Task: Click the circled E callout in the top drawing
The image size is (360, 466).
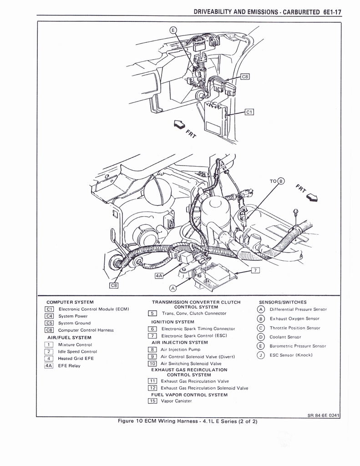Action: (x=173, y=30)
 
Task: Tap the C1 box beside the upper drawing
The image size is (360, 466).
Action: (x=249, y=111)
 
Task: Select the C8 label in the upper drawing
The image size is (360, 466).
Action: (x=244, y=77)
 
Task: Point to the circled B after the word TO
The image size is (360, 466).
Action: (x=281, y=181)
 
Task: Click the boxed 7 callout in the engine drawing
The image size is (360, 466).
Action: (x=255, y=271)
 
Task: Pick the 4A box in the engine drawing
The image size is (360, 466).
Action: (x=159, y=276)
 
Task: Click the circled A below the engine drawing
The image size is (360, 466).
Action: (x=172, y=288)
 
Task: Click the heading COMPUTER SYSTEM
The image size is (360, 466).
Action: (x=70, y=302)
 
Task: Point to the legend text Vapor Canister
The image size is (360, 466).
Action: (x=176, y=401)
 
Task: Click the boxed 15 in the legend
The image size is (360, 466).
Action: (x=152, y=401)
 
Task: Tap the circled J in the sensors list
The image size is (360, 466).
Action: (x=261, y=355)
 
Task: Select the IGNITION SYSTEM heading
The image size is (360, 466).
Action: (x=172, y=322)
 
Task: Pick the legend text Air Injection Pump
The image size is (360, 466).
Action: (x=180, y=349)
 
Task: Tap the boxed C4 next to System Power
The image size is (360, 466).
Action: (x=49, y=316)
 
